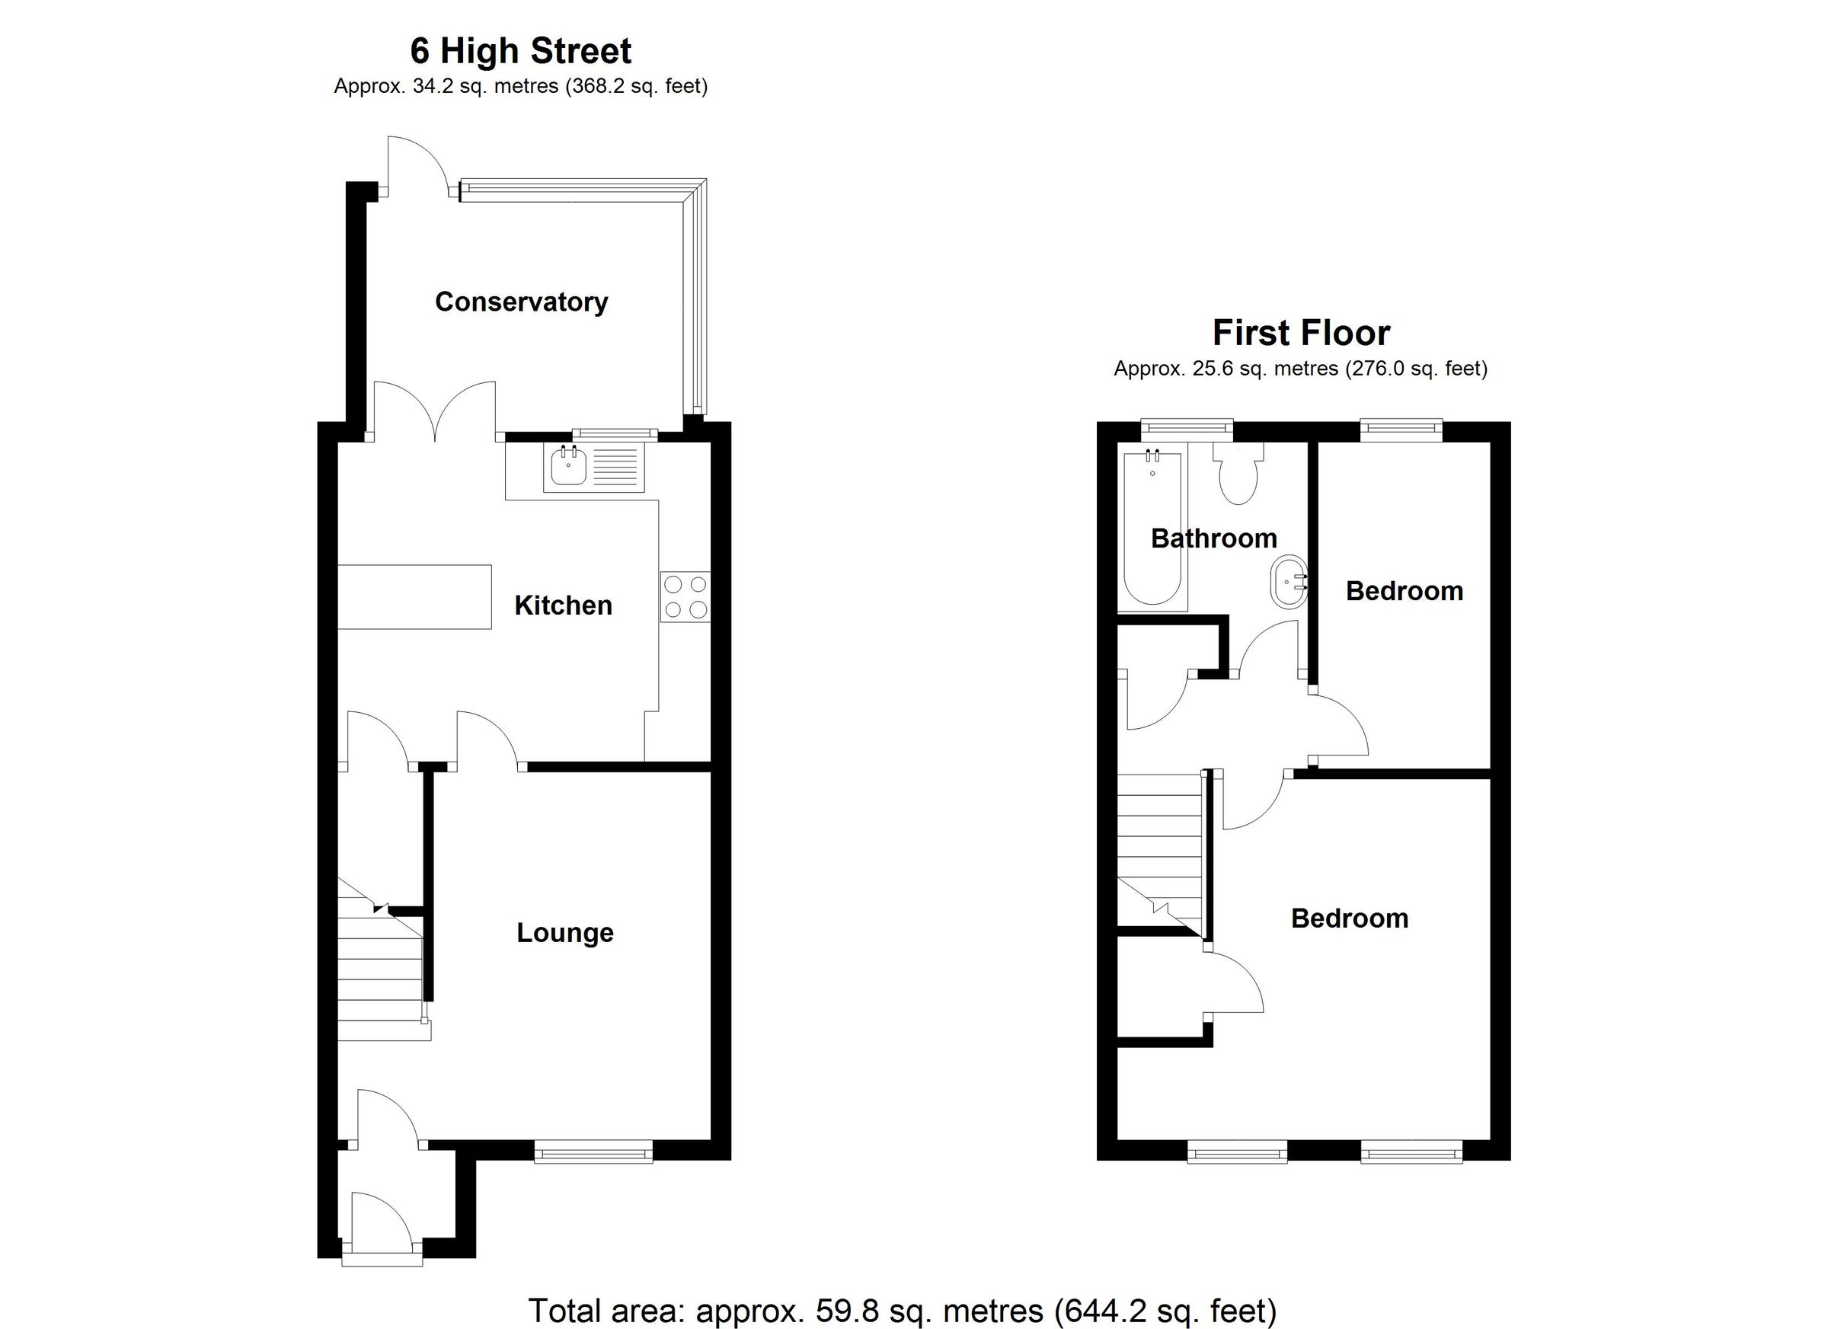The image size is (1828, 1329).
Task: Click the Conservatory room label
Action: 521,302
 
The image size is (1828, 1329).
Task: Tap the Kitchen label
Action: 563,605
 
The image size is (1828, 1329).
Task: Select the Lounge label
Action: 564,932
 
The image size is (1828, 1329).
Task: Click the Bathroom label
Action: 1213,538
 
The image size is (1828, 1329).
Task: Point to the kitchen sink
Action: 568,468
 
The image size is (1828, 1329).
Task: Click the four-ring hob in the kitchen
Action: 685,596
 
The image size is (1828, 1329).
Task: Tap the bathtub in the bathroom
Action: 1153,528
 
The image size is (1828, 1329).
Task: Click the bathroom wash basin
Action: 1288,580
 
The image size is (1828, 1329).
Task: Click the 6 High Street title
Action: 521,52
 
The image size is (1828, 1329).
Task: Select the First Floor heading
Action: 1301,333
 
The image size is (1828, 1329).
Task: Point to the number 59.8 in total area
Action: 843,1311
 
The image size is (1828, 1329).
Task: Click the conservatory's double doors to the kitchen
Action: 435,415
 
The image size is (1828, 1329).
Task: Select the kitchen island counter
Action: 414,596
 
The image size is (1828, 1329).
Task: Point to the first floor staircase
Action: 1159,855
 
